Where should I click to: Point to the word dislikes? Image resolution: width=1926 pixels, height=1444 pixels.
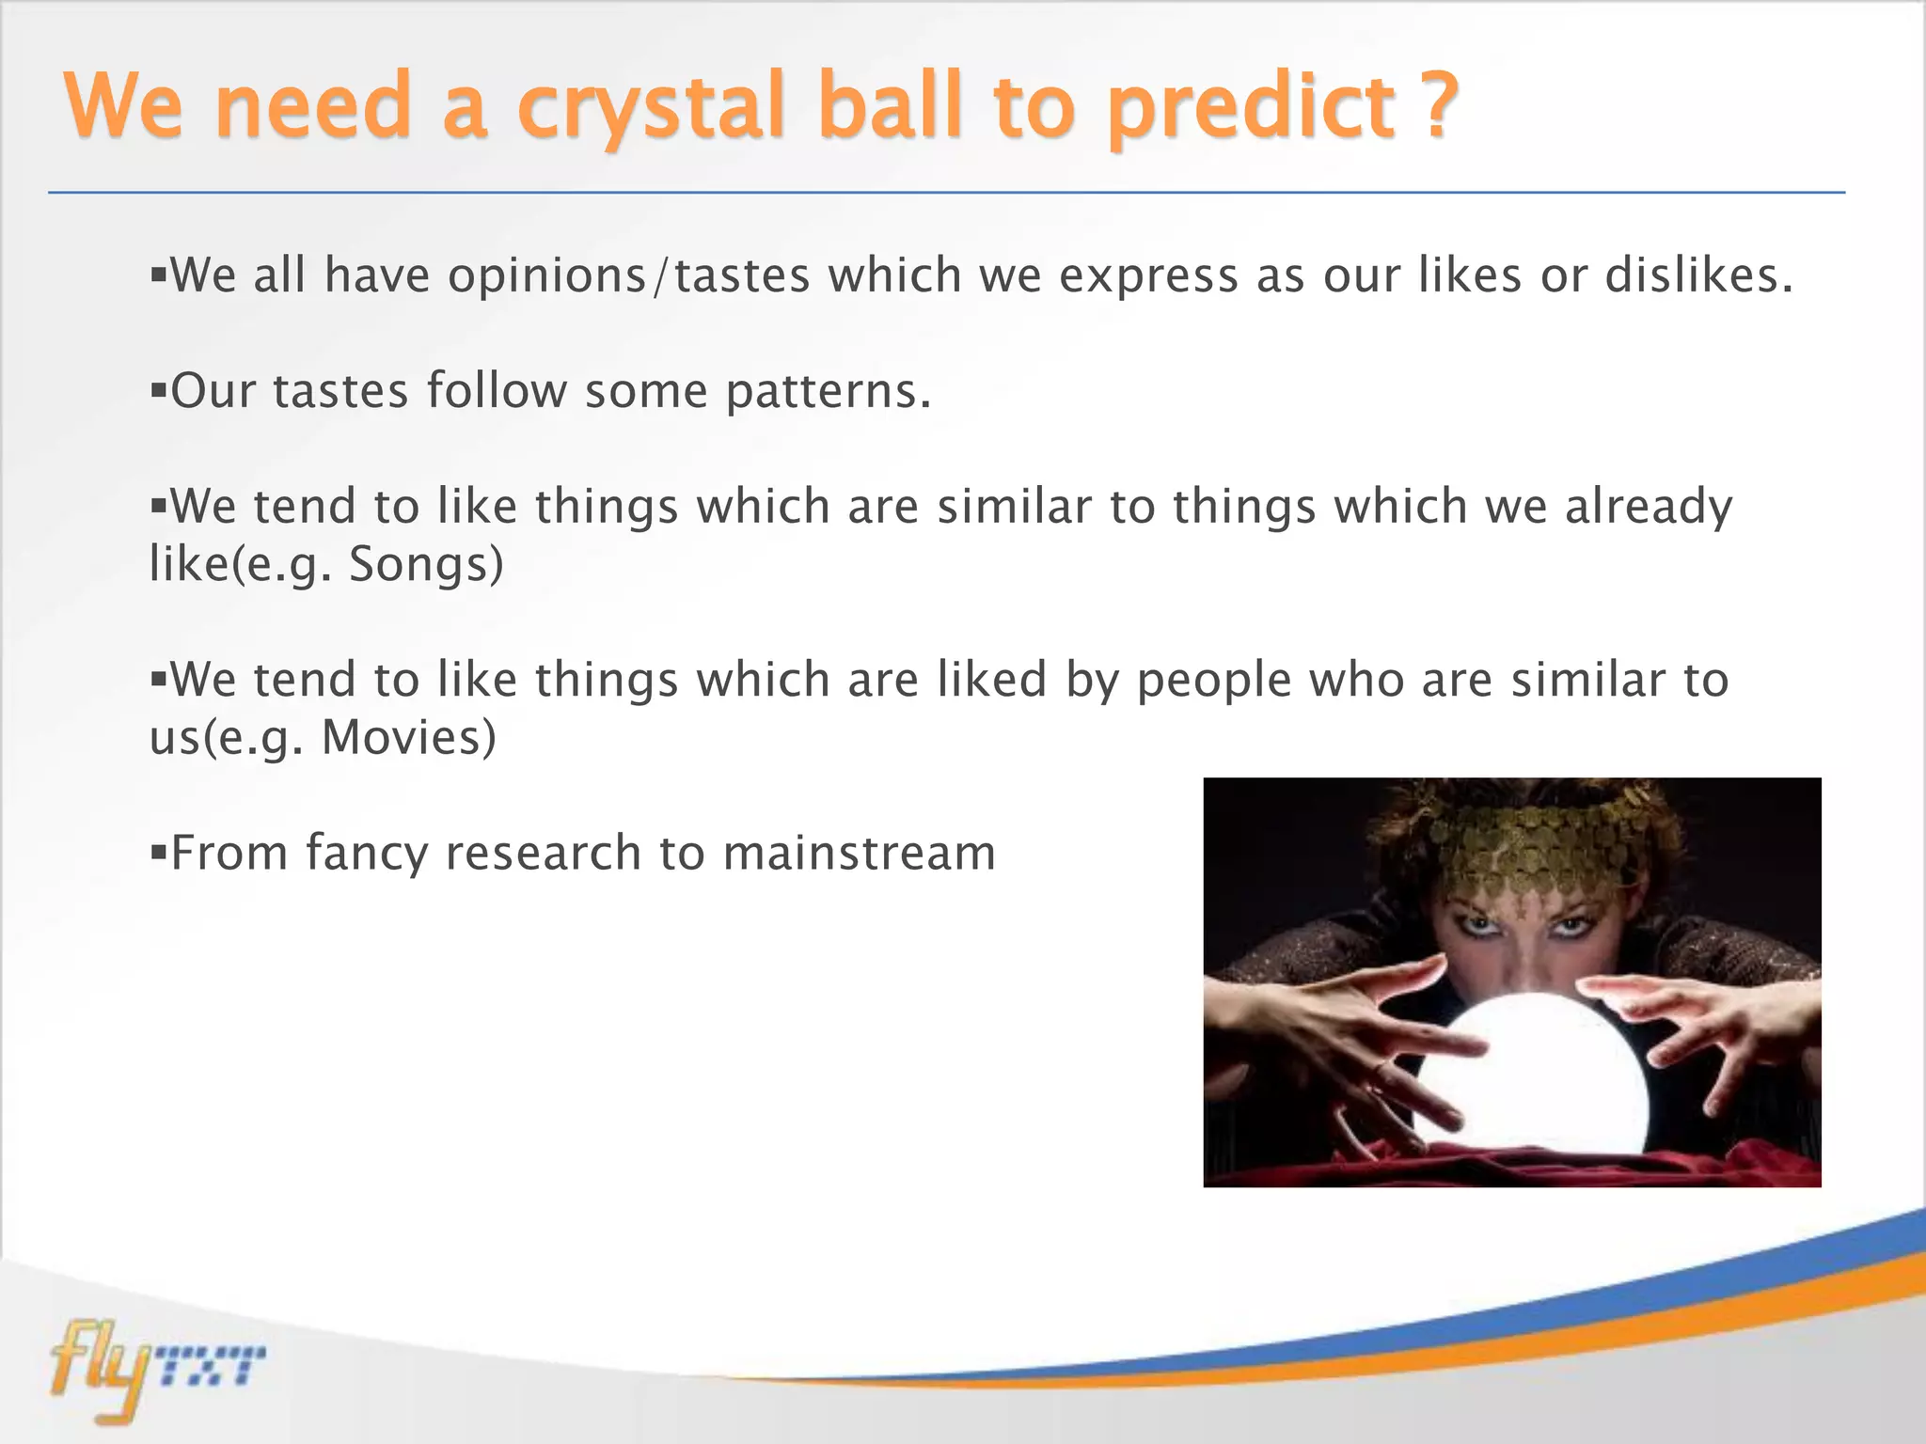point(1697,275)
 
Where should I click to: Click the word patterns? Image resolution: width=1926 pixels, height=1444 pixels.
point(828,392)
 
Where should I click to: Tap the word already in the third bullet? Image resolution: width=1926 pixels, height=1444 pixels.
point(1648,508)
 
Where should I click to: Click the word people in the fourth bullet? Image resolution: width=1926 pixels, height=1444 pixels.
point(1213,681)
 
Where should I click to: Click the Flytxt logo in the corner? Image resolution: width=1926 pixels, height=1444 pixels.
point(155,1368)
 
